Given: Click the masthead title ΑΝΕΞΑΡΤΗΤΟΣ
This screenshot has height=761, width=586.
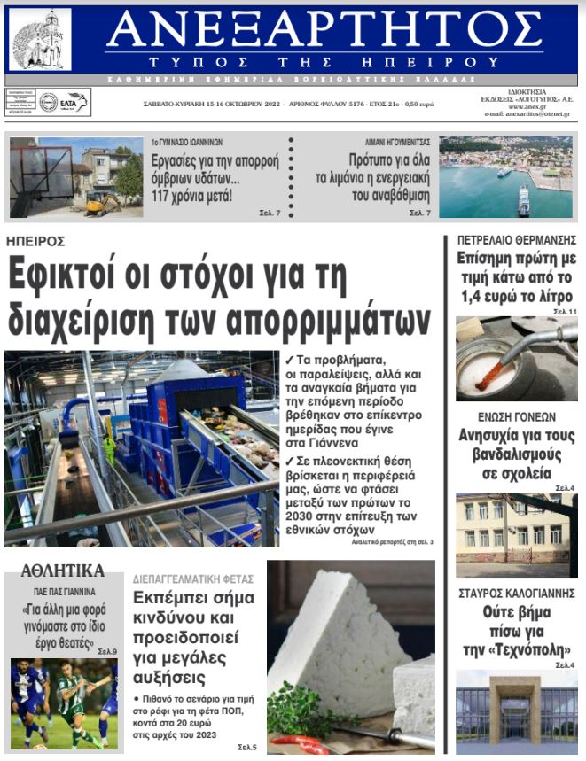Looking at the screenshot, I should pyautogui.click(x=324, y=32).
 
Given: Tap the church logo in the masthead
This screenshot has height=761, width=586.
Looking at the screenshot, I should pyautogui.click(x=39, y=41).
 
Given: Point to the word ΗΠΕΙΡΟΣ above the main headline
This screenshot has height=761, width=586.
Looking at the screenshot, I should pyautogui.click(x=35, y=241).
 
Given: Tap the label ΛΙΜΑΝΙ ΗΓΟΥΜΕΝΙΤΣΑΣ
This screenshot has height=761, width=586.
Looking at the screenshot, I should pyautogui.click(x=397, y=142).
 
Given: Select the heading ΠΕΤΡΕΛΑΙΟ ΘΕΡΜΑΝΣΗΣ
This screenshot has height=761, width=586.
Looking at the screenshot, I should pyautogui.click(x=516, y=240).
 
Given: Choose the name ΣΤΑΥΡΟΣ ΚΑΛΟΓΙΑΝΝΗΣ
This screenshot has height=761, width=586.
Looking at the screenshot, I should pyautogui.click(x=517, y=592).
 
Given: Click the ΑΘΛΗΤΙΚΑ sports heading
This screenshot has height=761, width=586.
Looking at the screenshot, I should pyautogui.click(x=62, y=570).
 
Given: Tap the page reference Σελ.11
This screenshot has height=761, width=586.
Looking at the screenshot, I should pyautogui.click(x=565, y=313).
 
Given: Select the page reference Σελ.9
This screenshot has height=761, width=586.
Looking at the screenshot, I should pyautogui.click(x=107, y=652).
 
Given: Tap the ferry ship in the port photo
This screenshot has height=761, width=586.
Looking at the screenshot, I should pyautogui.click(x=523, y=201).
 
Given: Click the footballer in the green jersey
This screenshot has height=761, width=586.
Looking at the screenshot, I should pyautogui.click(x=69, y=700).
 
